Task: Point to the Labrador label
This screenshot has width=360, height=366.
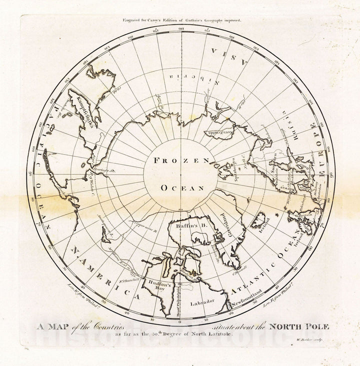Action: pyautogui.click(x=202, y=301)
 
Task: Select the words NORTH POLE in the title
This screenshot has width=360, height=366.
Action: pyautogui.click(x=299, y=326)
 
